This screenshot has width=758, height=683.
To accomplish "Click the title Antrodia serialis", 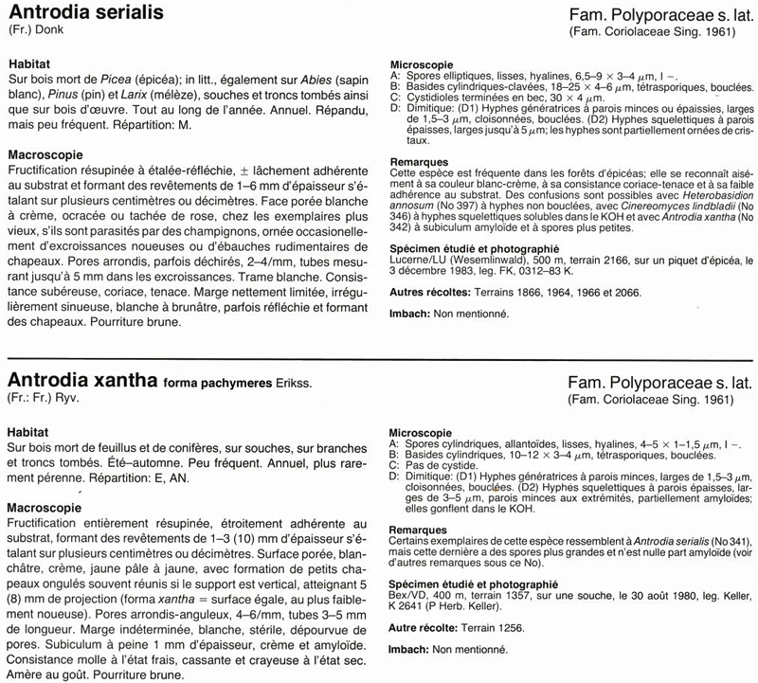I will [85, 12].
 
